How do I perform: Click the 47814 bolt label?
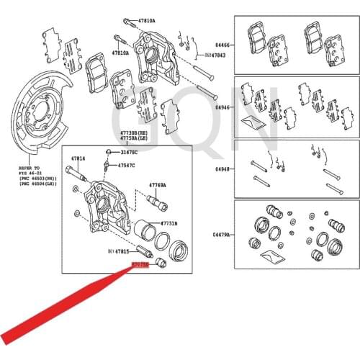point(77,158)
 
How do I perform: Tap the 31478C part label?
point(130,152)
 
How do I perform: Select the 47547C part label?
point(127,165)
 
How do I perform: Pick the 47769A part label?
point(158,185)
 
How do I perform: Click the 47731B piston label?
point(168,222)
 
